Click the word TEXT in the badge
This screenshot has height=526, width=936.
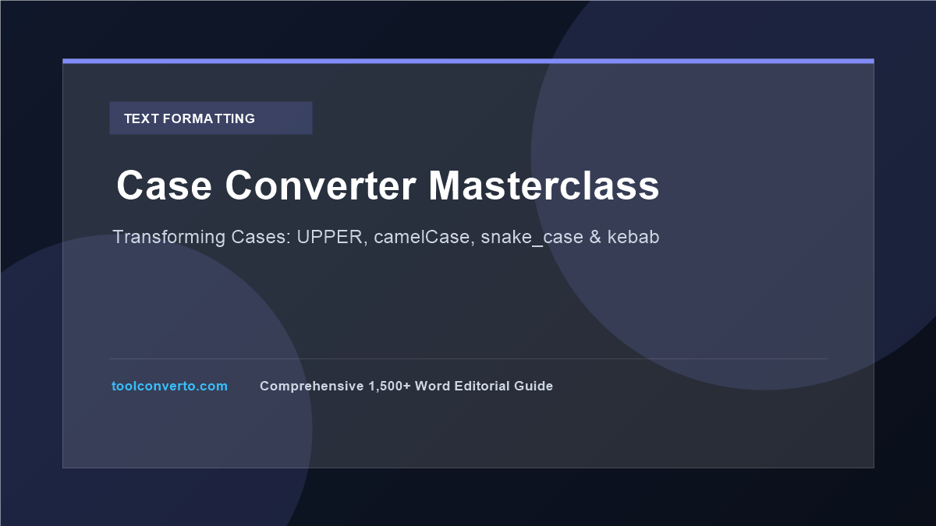click(141, 118)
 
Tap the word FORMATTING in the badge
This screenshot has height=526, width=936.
click(209, 118)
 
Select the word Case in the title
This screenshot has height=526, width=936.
click(165, 185)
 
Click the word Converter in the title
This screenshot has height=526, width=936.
click(321, 185)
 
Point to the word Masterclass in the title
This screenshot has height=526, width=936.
click(544, 185)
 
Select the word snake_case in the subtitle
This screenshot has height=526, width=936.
click(532, 238)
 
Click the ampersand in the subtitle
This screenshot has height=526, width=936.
click(595, 237)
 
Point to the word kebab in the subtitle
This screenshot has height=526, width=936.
click(633, 236)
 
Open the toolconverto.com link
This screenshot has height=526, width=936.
click(170, 387)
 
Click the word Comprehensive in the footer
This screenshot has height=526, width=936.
click(312, 387)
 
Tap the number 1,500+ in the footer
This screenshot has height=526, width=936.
click(389, 387)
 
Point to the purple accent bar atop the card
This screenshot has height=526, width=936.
click(468, 62)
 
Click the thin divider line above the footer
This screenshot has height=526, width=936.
click(468, 358)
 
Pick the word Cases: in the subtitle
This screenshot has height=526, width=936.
click(261, 237)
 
